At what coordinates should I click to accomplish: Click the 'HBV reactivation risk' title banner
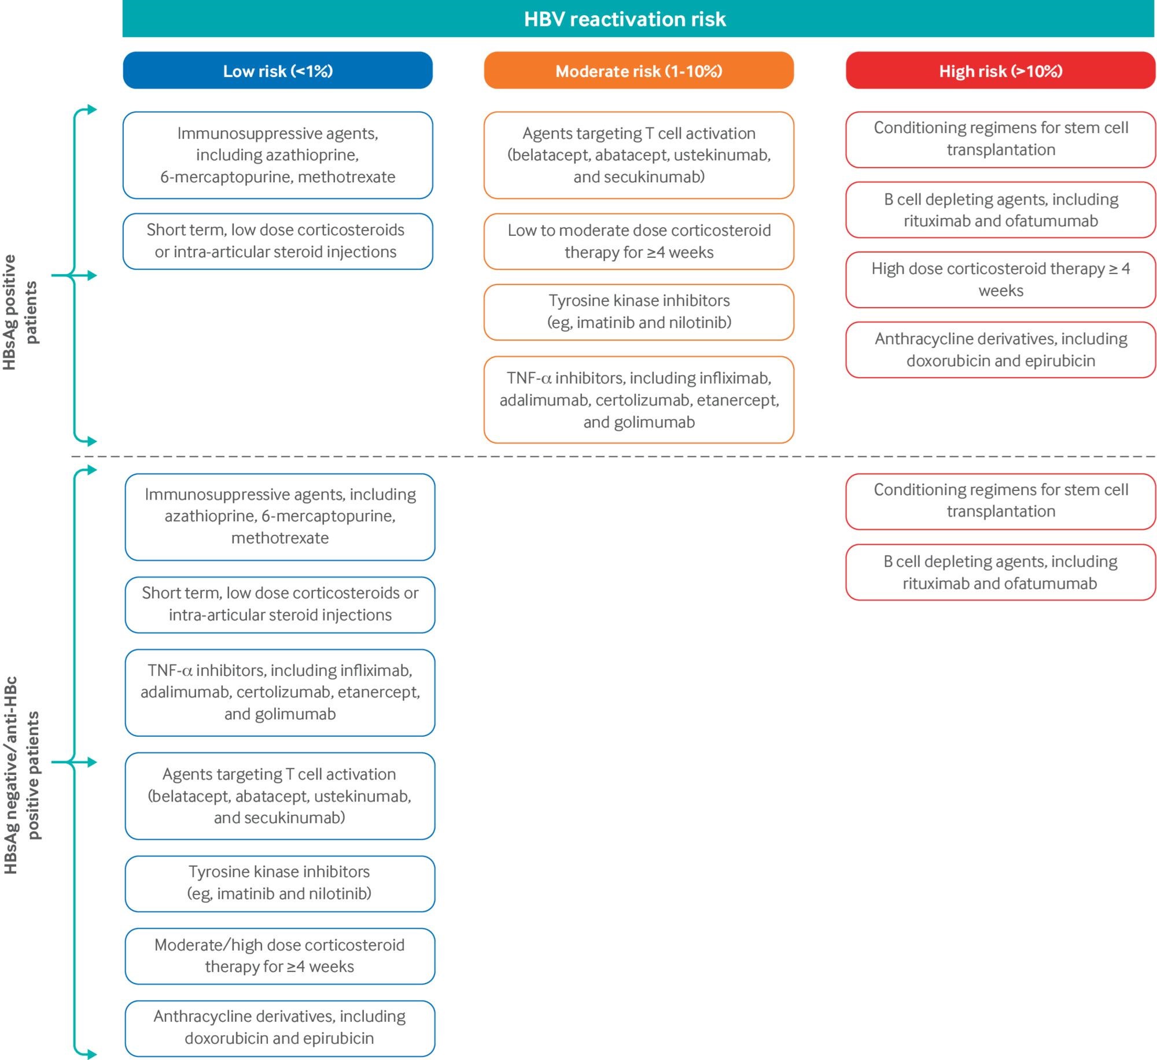pyautogui.click(x=638, y=19)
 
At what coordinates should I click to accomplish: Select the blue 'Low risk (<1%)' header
pyautogui.click(x=278, y=71)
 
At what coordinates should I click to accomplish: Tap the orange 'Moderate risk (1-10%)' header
pyautogui.click(x=639, y=71)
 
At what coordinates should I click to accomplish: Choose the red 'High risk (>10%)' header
pyautogui.click(x=1001, y=71)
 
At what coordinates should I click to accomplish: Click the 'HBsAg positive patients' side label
pyautogui.click(x=21, y=312)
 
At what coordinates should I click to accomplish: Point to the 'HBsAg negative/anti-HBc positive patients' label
pyautogui.click(x=21, y=775)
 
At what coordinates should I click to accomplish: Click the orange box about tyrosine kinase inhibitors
pyautogui.click(x=639, y=312)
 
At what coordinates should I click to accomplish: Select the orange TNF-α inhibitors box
pyautogui.click(x=639, y=400)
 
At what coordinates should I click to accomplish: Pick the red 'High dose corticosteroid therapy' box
pyautogui.click(x=1001, y=279)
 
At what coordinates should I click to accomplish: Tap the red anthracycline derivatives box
pyautogui.click(x=1001, y=350)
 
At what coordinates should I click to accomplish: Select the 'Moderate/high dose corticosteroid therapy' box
pyautogui.click(x=280, y=956)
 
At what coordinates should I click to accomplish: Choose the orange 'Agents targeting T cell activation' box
pyautogui.click(x=639, y=155)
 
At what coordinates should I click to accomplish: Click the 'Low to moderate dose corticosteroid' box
pyautogui.click(x=639, y=241)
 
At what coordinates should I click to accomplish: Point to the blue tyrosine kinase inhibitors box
pyautogui.click(x=280, y=884)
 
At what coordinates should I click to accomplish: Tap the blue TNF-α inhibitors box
pyautogui.click(x=280, y=692)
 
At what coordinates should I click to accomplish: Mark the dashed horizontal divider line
pyautogui.click(x=613, y=456)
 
